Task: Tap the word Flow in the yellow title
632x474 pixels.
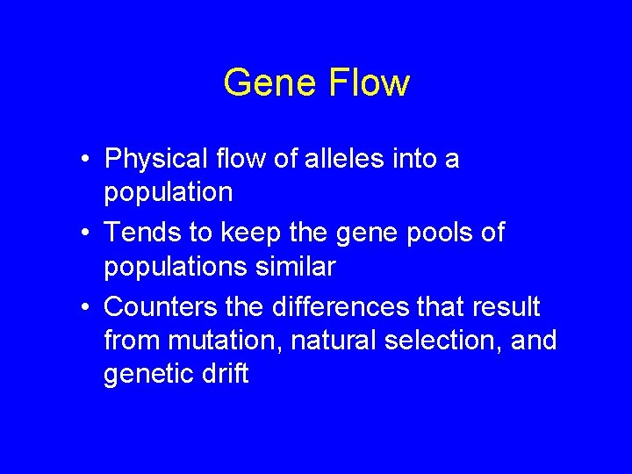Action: pos(369,83)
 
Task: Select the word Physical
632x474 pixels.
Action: pos(155,160)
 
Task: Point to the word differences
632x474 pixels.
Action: pos(331,308)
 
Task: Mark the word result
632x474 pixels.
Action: pos(510,308)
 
